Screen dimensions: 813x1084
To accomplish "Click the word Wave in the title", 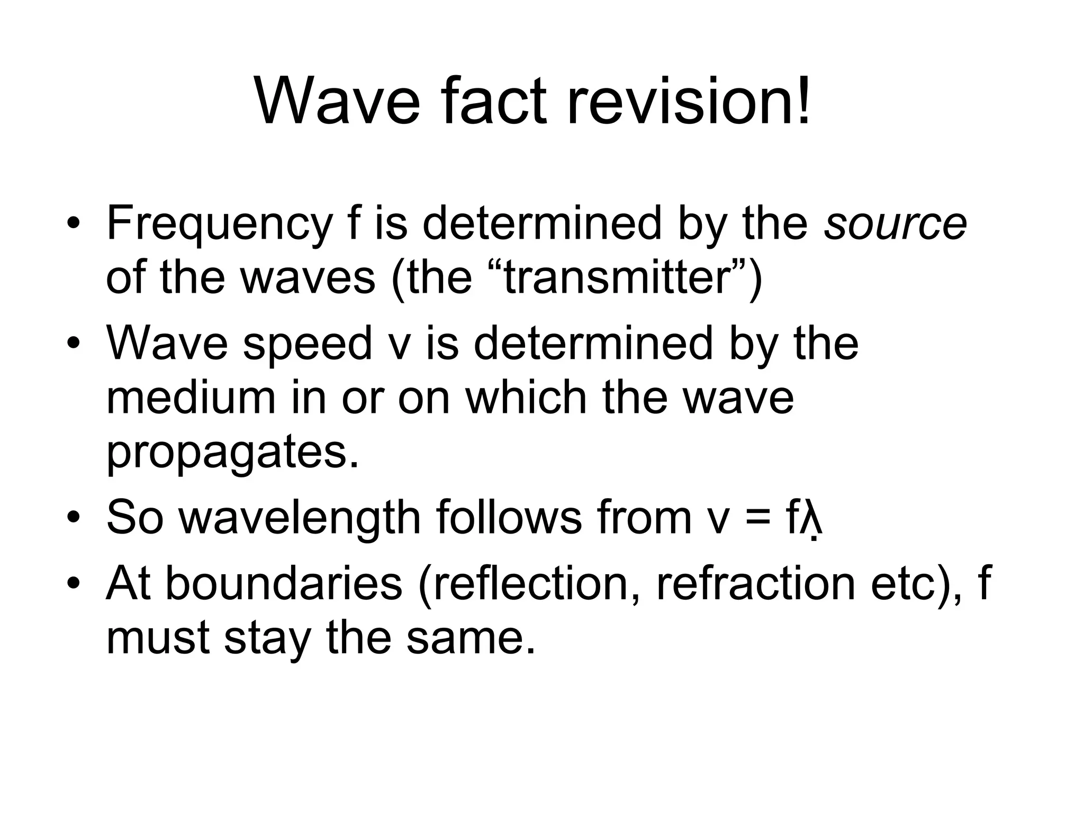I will tap(338, 101).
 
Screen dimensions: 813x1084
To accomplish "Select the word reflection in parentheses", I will tap(535, 584).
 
